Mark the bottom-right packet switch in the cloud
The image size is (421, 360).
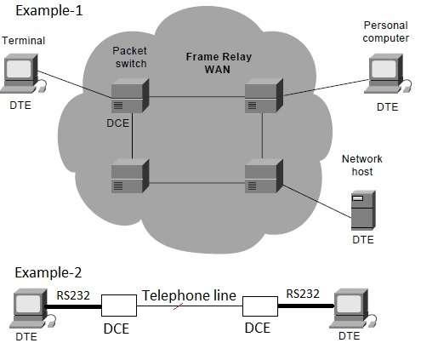262,176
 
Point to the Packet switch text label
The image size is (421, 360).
129,56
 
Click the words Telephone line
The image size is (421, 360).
189,295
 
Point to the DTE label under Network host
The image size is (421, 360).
363,241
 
